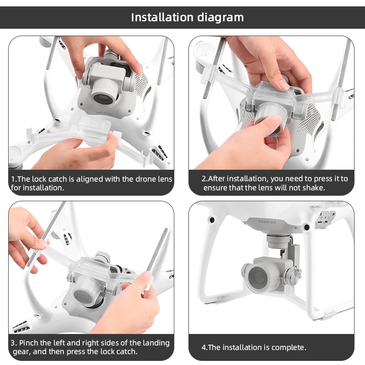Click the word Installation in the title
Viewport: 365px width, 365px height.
(162, 17)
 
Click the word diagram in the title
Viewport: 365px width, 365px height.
(220, 17)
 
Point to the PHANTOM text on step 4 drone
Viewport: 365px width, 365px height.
(267, 221)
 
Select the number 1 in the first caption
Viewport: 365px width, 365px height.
(13, 179)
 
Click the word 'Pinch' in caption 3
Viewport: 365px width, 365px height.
(31, 343)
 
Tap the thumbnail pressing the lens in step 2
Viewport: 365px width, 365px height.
(274, 121)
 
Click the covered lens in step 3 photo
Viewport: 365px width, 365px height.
(84, 295)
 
